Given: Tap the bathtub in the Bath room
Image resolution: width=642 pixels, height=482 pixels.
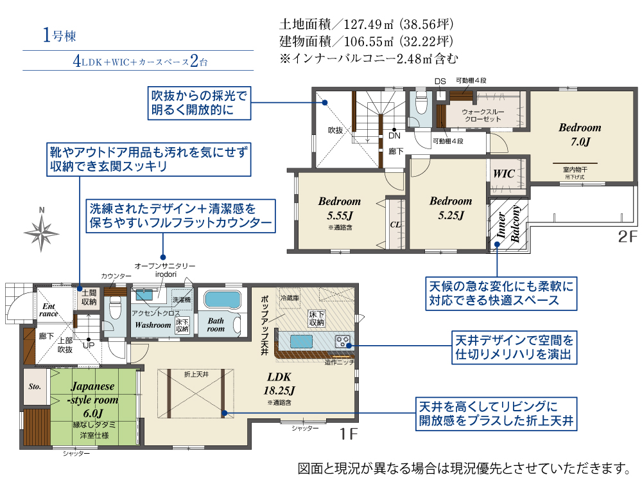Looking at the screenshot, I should pos(221,301).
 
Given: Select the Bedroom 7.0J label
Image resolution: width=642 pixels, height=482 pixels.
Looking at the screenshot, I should pos(579,134).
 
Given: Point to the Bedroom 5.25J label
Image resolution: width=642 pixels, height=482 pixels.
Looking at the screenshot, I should pos(451,207).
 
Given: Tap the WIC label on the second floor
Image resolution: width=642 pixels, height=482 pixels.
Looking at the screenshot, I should pos(504,174).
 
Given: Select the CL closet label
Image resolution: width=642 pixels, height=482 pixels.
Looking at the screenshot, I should pos(395,224).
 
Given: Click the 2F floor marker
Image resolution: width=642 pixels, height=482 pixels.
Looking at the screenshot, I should pos(627,237).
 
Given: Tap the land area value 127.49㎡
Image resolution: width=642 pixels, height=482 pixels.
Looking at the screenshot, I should pos(368,25).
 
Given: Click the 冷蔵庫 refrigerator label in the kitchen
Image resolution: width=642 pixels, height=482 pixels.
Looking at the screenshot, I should pos(290,298).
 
